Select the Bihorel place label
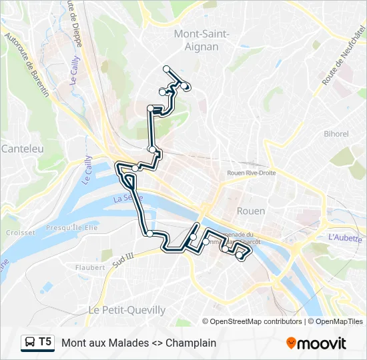336,133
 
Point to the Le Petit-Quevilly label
127,310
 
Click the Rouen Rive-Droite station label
252,173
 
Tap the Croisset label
20,233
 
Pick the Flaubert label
90,267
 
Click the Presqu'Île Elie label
71,228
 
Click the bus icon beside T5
29,343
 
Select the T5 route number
45,342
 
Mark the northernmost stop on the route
166,69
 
